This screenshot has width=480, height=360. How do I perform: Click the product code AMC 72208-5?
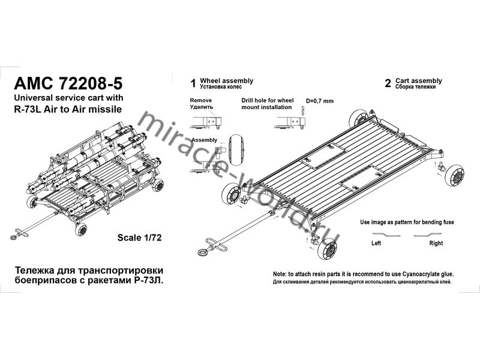(68, 83)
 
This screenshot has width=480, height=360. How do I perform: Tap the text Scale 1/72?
(139, 238)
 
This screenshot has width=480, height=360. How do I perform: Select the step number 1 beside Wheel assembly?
(193, 83)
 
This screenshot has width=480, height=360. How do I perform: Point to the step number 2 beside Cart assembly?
(388, 83)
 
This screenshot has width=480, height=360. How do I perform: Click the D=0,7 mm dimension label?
(320, 101)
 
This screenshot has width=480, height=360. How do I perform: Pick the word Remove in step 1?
(201, 100)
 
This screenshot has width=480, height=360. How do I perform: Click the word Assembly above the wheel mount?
(204, 140)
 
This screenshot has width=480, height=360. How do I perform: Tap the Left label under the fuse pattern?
(376, 243)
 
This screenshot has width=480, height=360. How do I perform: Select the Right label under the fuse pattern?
(436, 243)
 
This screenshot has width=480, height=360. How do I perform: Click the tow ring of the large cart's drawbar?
(203, 253)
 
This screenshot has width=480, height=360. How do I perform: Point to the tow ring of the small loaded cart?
(14, 238)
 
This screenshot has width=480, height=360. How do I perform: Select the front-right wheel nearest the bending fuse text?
(455, 175)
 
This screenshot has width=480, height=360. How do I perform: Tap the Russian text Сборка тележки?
(415, 87)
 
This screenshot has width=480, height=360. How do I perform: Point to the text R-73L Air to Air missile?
(68, 109)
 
